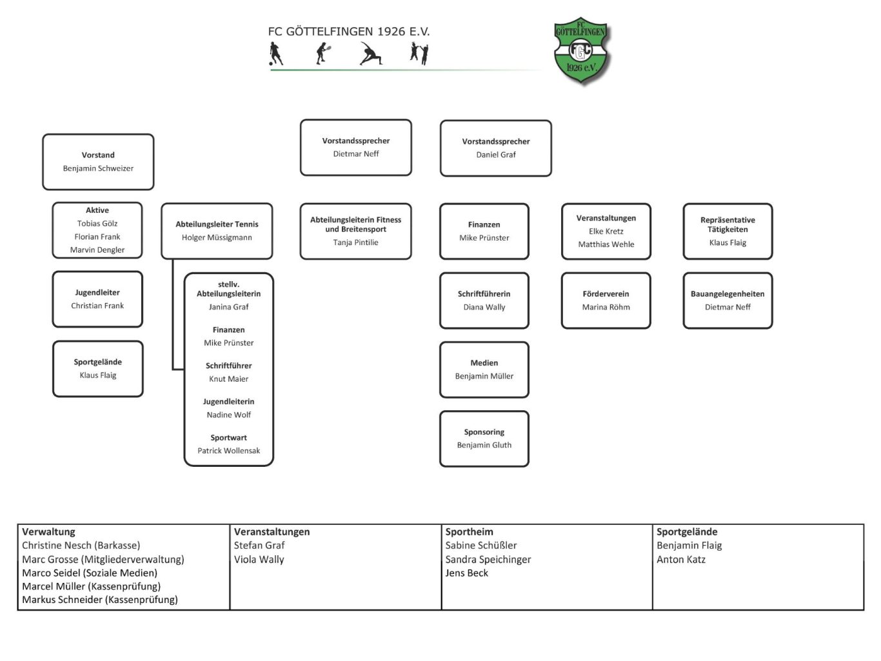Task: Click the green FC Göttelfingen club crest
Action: (581, 51)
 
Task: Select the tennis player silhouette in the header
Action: (323, 54)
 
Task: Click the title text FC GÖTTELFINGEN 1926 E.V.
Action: (348, 32)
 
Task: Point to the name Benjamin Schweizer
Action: (98, 168)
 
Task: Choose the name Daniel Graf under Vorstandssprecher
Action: (496, 155)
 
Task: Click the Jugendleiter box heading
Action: (97, 293)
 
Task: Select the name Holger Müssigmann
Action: (217, 237)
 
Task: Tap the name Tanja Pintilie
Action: (355, 242)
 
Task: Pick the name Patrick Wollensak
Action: (228, 451)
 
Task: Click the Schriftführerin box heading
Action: (484, 294)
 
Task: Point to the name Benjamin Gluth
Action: (484, 445)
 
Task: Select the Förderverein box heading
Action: (606, 294)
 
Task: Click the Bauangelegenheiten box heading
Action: (728, 294)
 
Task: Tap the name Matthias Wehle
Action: (606, 244)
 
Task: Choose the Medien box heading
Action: (484, 363)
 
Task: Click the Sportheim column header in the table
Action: (469, 532)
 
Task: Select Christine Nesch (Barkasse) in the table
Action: (81, 546)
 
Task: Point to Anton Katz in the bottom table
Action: (680, 560)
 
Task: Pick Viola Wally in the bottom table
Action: (259, 560)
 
